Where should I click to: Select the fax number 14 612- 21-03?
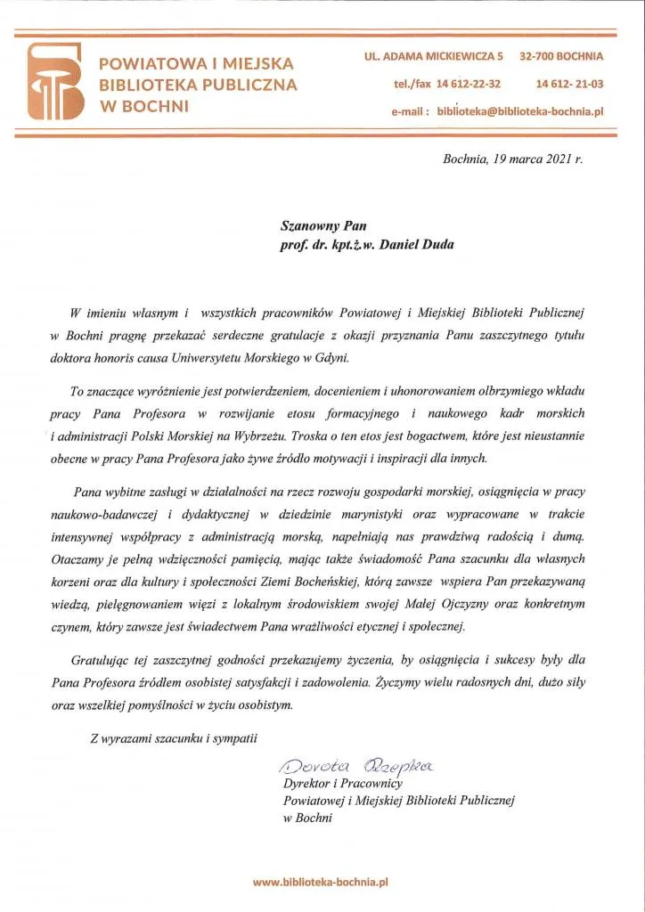pos(570,84)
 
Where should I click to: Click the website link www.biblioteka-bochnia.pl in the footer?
pos(322,882)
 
